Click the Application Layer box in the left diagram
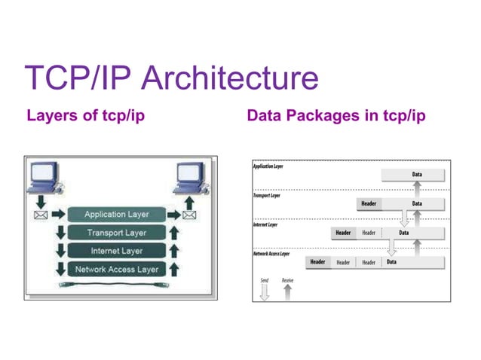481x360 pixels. click(x=116, y=215)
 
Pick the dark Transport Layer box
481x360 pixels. click(x=116, y=233)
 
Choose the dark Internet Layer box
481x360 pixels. click(x=116, y=251)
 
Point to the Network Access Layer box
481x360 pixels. click(x=116, y=269)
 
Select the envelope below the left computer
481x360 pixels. click(x=41, y=215)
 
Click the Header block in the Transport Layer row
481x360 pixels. click(x=369, y=203)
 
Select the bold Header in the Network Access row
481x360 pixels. click(x=318, y=262)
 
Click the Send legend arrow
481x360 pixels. click(x=264, y=293)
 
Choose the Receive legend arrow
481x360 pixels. click(x=287, y=293)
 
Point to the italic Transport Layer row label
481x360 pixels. click(x=266, y=195)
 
